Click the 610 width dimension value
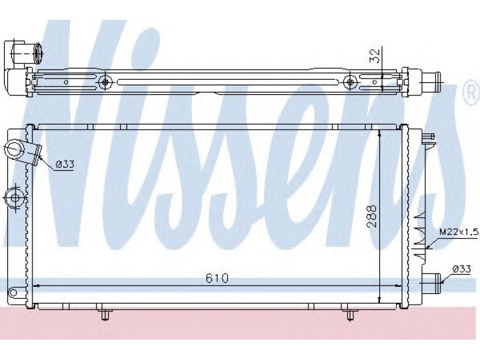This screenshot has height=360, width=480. coord(217,278)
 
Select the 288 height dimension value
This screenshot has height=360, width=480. coord(371,217)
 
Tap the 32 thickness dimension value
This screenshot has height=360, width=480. coord(374,56)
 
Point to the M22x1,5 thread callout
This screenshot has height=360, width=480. coord(458,232)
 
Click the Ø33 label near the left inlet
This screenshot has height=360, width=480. coord(65,164)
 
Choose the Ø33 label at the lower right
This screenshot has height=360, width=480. coord(461,269)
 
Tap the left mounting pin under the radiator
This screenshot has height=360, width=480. coord(104,314)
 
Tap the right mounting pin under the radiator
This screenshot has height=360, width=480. coord(349,314)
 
